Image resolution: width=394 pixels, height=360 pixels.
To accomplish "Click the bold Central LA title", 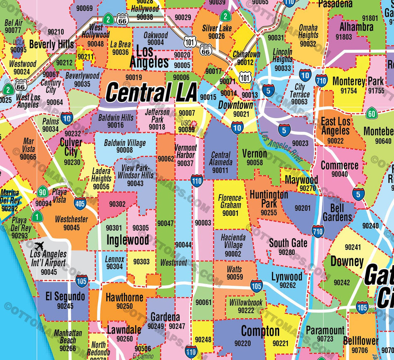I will point(151,92).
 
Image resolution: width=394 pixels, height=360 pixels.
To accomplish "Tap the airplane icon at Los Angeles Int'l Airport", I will point(39,246).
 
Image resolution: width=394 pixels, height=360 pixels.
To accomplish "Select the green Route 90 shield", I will point(42,192).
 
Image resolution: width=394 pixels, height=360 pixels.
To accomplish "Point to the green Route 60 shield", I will point(372,113).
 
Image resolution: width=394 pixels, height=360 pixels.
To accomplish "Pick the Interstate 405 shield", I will point(80,203).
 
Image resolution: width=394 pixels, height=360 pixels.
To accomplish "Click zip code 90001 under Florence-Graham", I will point(230,213).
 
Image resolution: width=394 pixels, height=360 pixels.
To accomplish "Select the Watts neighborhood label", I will point(234,269).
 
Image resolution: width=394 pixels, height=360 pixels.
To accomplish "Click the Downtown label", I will point(236,105).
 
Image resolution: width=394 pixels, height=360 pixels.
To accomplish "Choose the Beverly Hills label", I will point(51,44).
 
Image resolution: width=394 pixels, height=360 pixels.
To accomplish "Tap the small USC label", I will point(186,123).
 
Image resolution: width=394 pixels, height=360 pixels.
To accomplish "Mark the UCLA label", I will point(19,43).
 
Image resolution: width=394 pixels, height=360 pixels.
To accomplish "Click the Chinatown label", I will point(246,55).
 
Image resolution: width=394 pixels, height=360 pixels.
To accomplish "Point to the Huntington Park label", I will point(268,199).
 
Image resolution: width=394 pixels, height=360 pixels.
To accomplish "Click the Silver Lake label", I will point(217,28).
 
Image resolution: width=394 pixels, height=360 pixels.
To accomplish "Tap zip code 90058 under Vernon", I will point(255,163).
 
